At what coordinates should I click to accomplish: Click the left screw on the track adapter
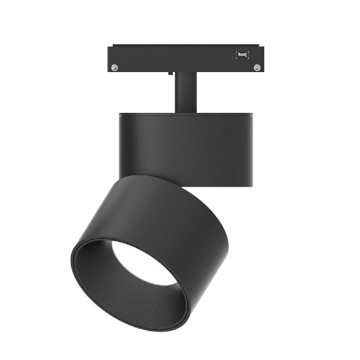(x=115, y=67)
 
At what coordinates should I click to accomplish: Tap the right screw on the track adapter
(x=257, y=67)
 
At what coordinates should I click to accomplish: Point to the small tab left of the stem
(x=172, y=74)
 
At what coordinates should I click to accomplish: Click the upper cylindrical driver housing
(x=186, y=150)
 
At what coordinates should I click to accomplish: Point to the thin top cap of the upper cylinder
(x=186, y=114)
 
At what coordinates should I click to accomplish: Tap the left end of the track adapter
(x=110, y=58)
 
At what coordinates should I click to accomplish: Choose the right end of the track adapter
(x=262, y=58)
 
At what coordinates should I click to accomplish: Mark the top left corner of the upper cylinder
(x=120, y=114)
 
